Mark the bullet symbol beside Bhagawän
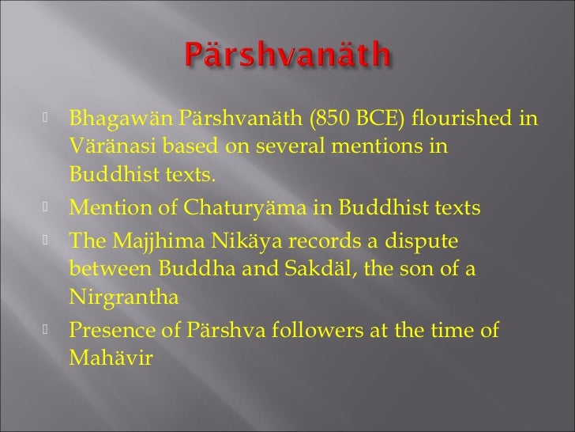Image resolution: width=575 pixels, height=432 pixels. point(46,121)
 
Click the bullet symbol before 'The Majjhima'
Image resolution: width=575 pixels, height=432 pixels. point(46,239)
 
